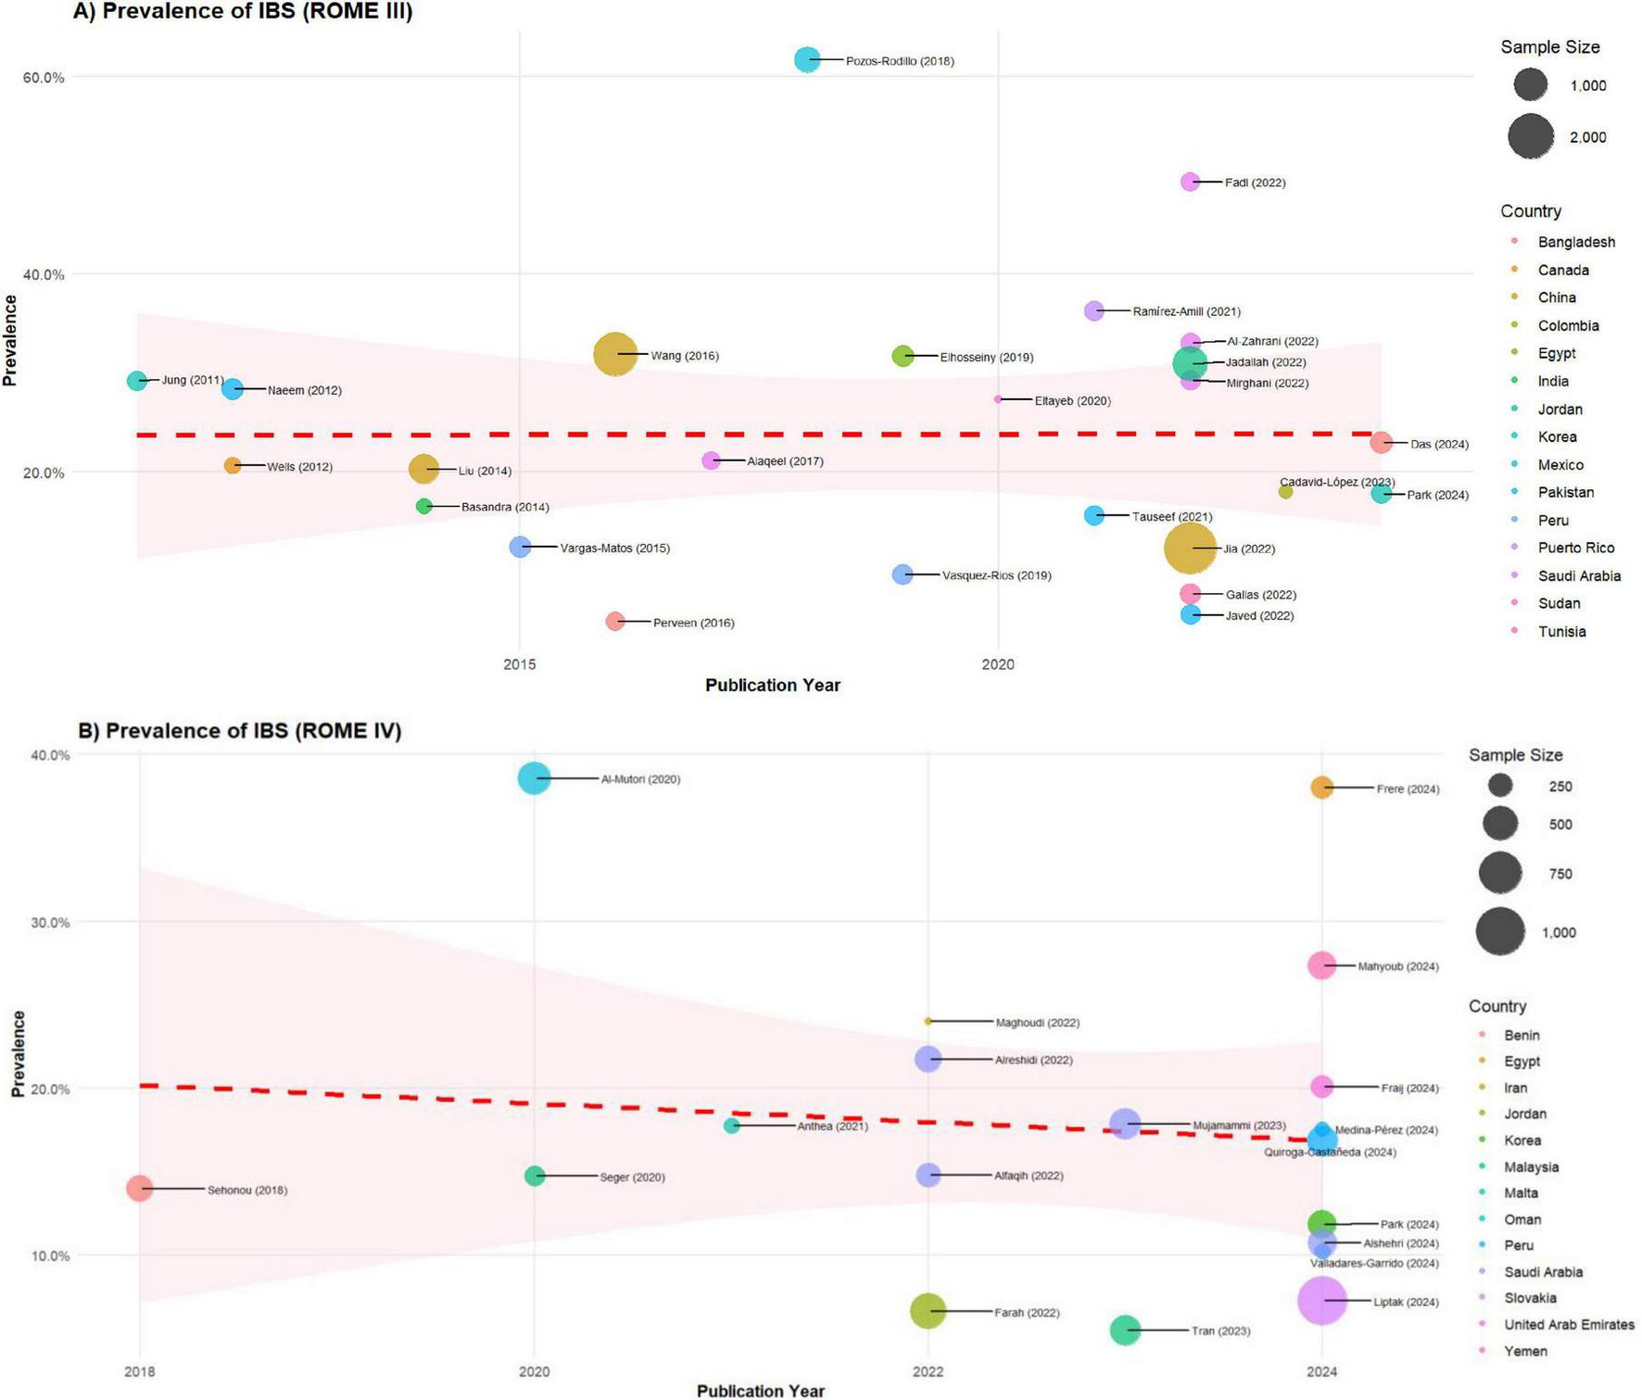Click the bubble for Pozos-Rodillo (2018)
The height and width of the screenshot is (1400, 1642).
tap(807, 59)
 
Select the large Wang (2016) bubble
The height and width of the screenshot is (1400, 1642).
tap(614, 354)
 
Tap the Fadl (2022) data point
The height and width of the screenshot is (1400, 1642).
tap(1190, 182)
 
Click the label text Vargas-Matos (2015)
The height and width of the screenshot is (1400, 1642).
tap(614, 549)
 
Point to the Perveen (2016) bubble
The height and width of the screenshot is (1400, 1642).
tap(615, 621)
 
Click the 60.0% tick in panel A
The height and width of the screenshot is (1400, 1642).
tap(44, 77)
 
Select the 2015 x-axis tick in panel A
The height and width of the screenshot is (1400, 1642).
tap(520, 664)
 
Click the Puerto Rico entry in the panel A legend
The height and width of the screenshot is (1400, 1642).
tap(1575, 548)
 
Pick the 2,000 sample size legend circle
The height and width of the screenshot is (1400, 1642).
tap(1530, 137)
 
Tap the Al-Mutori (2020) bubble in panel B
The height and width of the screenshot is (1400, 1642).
tap(534, 778)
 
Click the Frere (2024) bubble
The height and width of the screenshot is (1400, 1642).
tap(1321, 788)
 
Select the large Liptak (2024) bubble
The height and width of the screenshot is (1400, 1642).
tap(1321, 1300)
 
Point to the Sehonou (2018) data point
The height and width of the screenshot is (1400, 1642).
tap(140, 1188)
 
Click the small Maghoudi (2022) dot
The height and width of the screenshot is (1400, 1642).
tap(928, 1021)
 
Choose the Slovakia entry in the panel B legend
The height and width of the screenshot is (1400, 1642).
tap(1529, 1298)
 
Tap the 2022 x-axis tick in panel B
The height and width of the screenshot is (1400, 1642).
tap(928, 1371)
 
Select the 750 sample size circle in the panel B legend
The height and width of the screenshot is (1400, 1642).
tap(1499, 873)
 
